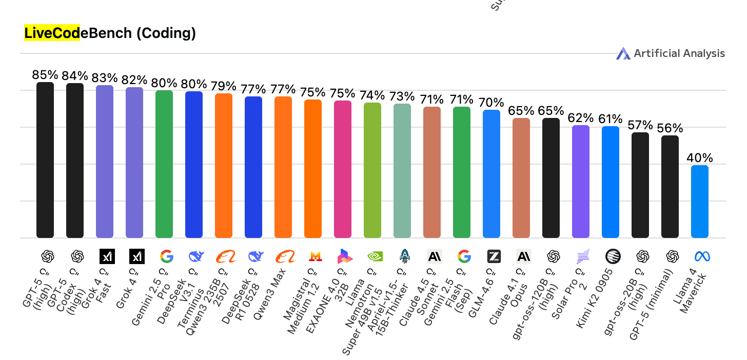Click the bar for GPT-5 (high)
45,160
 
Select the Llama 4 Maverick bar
700,202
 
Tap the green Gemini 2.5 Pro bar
164,164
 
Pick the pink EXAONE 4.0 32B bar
343,169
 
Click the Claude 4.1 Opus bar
521,178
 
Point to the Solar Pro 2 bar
581,182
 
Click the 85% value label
45,75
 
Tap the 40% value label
700,158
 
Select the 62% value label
581,118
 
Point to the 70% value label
492,103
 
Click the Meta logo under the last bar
700,256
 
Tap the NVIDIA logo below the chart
372,256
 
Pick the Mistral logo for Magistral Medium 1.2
313,256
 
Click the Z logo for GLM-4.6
492,256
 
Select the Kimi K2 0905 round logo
611,256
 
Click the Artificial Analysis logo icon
623,53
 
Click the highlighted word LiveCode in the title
52,33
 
